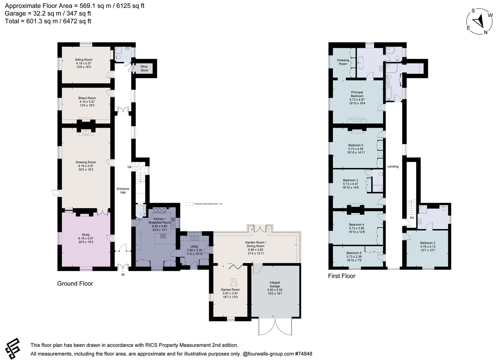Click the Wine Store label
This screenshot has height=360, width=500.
click(144, 69)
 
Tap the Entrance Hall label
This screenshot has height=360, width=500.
click(123, 191)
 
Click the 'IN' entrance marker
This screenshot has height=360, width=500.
click(123, 275)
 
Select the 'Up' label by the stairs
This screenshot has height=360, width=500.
click(129, 167)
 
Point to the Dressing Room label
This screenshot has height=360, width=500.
click(343, 62)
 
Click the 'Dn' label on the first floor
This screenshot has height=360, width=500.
click(412, 218)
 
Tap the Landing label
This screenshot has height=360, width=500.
click(393, 166)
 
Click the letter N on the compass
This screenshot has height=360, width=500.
click(485, 32)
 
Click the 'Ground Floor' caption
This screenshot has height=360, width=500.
click(75, 284)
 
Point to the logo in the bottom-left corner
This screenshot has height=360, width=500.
click(12, 349)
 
